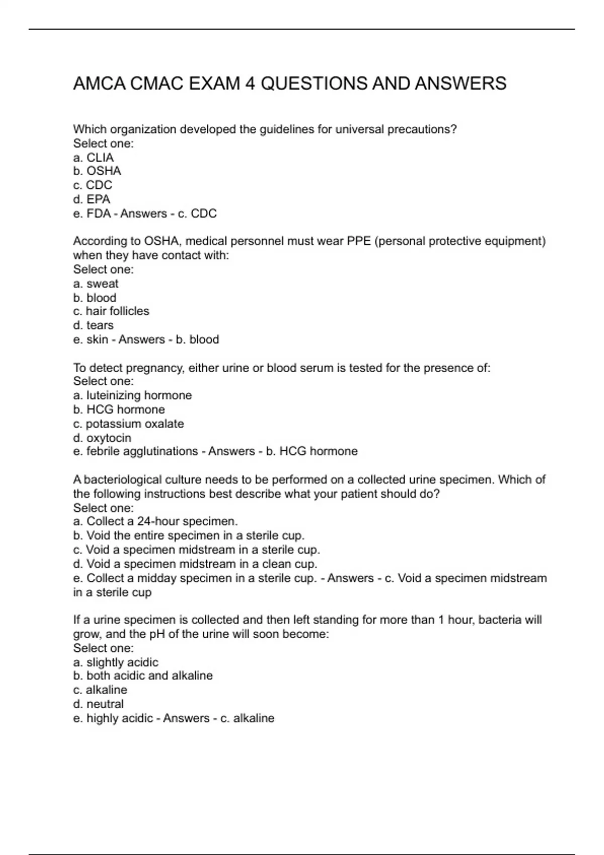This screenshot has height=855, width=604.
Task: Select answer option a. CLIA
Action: pos(94,157)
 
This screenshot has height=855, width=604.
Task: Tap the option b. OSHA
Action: pos(97,171)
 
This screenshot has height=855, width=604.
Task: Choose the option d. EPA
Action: pos(92,199)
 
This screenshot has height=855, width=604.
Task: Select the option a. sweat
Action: pos(96,284)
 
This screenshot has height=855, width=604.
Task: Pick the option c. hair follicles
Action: pos(111,311)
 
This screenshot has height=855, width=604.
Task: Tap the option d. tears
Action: pos(93,325)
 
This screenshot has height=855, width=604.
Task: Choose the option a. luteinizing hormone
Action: pos(132,395)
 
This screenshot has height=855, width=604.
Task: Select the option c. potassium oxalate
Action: pos(128,424)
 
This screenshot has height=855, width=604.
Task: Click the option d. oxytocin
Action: pos(102,438)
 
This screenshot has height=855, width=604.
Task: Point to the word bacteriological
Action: pos(120,480)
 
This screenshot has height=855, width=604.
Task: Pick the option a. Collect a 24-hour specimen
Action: pos(156,521)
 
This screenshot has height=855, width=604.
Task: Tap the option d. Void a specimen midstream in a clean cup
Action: pos(195,564)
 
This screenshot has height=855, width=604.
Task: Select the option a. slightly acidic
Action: pos(116,662)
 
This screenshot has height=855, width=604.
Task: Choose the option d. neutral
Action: pos(98,704)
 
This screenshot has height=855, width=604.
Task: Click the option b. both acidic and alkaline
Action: pos(143,675)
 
